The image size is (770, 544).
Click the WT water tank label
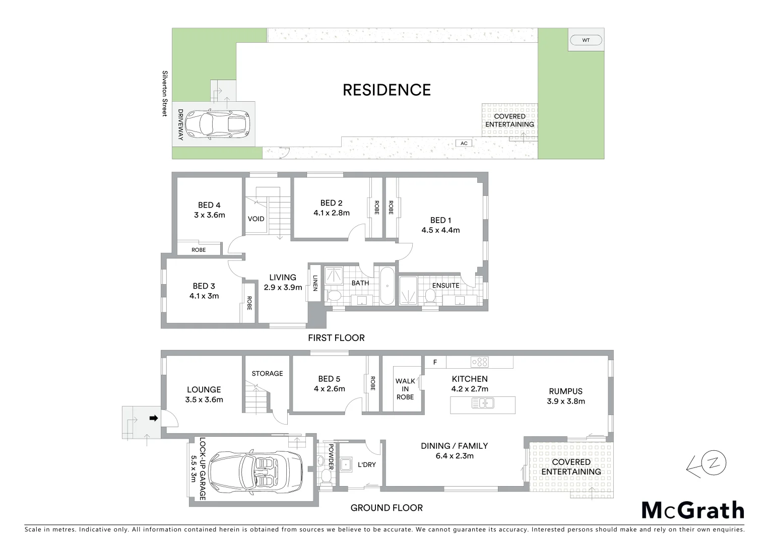(586, 40)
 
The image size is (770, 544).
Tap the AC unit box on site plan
(464, 144)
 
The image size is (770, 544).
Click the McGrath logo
(692, 511)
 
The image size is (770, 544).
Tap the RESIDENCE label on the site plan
(387, 90)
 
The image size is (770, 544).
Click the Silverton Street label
(164, 93)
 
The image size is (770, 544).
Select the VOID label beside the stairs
(256, 219)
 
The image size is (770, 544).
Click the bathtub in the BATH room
(387, 286)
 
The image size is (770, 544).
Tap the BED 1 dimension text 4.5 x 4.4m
(440, 230)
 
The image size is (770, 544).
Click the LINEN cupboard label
(315, 283)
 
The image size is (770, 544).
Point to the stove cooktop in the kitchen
(479, 362)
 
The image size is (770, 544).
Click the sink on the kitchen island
(483, 403)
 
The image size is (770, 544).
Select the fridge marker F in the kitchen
(435, 362)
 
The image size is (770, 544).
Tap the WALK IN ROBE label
(405, 389)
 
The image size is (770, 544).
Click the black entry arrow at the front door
(154, 418)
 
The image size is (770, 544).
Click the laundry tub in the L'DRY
(346, 464)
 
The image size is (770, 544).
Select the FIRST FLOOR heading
(336, 338)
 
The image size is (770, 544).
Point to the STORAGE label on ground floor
(267, 374)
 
